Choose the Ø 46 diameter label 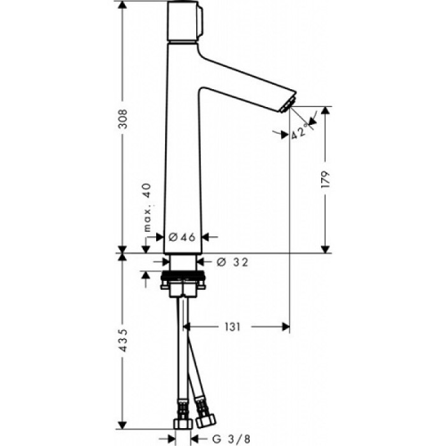182,237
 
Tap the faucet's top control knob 186,20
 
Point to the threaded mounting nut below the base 183,278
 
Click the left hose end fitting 181,423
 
